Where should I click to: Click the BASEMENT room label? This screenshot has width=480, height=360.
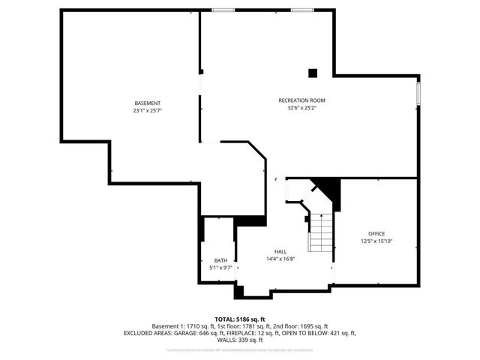(147, 103)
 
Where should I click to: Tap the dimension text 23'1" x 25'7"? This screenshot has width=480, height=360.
(147, 110)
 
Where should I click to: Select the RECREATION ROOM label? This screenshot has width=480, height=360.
(301, 100)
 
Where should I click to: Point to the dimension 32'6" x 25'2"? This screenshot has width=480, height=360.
(301, 107)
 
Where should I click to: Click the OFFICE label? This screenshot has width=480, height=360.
(376, 233)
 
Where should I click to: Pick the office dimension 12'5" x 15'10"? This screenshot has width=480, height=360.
(376, 241)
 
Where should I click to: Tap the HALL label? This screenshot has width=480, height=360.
(280, 251)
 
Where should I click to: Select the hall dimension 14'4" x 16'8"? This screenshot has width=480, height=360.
(280, 259)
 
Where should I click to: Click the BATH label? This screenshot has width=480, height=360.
(220, 260)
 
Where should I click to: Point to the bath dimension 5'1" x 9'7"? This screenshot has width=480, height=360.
(220, 268)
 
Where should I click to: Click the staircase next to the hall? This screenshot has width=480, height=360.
(322, 232)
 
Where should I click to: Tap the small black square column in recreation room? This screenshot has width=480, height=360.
(313, 73)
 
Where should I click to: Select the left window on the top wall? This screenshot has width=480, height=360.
(223, 10)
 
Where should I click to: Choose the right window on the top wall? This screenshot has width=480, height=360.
(302, 10)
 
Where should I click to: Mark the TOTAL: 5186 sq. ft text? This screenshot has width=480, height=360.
(240, 319)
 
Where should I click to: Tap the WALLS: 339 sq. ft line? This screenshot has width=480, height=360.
(240, 340)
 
